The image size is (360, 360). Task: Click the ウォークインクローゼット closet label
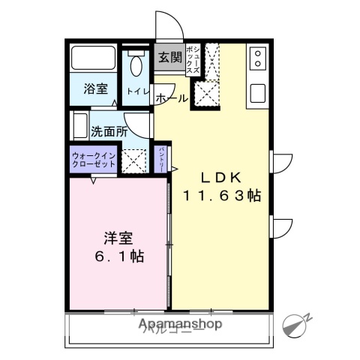93,159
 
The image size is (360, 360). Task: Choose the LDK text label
220,178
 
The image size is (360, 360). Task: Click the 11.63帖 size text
222,196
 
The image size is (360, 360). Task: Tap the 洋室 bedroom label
118,238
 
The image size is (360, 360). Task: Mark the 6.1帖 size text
118,256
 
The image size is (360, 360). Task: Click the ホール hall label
171,98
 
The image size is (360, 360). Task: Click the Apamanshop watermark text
181,325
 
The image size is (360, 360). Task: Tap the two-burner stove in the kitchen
258,58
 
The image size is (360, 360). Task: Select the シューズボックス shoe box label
193,60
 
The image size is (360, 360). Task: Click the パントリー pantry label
160,159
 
